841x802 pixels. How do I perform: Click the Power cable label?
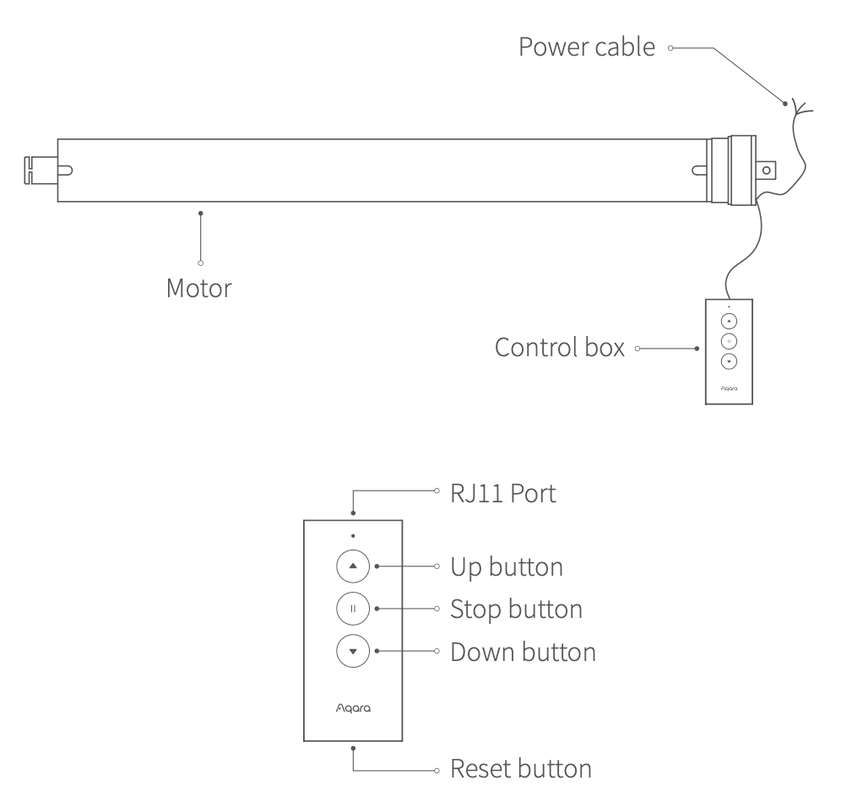pos(587,47)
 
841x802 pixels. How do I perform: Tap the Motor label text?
pos(199,288)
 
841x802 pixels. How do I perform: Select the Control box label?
pos(560,348)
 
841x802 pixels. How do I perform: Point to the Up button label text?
pos(507,566)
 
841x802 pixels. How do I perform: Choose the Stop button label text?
pos(517,608)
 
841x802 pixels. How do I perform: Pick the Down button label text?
pos(524,652)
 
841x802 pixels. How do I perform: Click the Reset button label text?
pos(521,769)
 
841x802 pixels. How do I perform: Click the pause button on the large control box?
pos(353,608)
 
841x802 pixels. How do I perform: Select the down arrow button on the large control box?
pos(353,651)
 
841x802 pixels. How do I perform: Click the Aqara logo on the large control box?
pos(352,708)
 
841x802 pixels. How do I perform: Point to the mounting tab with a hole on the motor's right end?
pos(765,170)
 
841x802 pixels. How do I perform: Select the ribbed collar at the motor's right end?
pos(731,170)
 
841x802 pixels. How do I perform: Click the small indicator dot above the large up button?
pos(353,535)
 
